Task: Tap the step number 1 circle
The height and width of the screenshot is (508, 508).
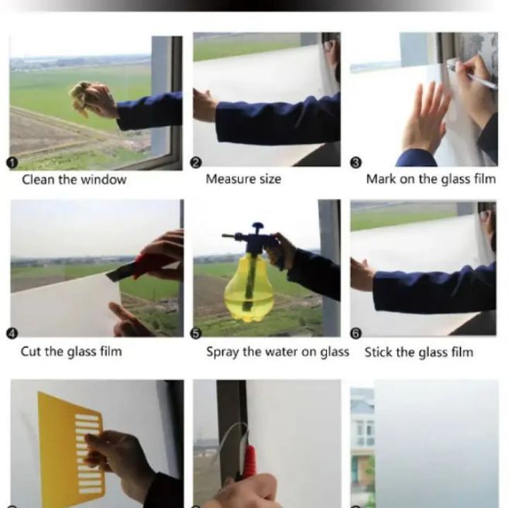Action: pos(12,163)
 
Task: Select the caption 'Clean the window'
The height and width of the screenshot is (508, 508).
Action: pos(74,180)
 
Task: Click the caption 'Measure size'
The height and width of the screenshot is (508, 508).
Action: pos(243,179)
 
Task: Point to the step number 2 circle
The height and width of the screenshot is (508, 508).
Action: pos(195,163)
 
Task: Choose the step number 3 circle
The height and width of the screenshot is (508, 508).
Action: pos(355,163)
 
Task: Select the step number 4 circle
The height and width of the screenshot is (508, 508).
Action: pos(12,333)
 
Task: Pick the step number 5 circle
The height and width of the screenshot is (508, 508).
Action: pos(195,333)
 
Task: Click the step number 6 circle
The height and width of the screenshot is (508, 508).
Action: pos(355,333)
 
